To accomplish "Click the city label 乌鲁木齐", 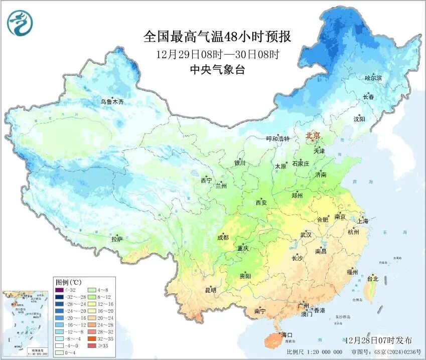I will pos(111,102).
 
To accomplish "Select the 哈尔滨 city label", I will pos(373,78).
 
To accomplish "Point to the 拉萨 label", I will pos(116,239).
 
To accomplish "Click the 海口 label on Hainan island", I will pos(287,334).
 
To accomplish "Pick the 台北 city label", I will pos(372,279).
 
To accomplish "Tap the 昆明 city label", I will pos(210,290).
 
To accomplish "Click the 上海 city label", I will pos(362,221).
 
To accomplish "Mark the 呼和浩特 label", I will pos(277,139).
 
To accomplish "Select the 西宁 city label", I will pos(206,180).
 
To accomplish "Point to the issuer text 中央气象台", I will pos(217,70).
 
